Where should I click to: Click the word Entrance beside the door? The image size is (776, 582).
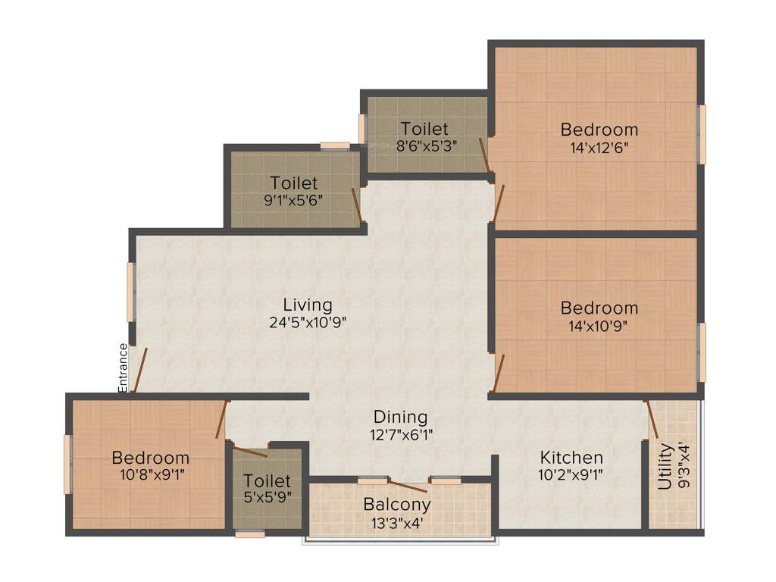tap(123, 368)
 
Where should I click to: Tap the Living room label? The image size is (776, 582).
tap(308, 305)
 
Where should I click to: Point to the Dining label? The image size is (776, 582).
tap(400, 418)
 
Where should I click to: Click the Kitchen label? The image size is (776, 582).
tap(571, 458)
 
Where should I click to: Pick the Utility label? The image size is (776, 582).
tap(665, 467)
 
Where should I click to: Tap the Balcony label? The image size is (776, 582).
tap(397, 504)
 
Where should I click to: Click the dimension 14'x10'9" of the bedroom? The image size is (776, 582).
tap(599, 326)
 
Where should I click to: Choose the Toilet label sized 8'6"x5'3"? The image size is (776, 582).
tap(424, 129)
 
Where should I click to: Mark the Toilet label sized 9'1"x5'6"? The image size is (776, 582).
tap(294, 183)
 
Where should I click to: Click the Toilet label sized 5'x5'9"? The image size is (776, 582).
tap(268, 481)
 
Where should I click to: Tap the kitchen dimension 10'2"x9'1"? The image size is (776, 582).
tap(571, 475)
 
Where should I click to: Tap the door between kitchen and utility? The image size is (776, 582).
tap(651, 419)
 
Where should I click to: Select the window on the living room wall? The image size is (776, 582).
tap(130, 292)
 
